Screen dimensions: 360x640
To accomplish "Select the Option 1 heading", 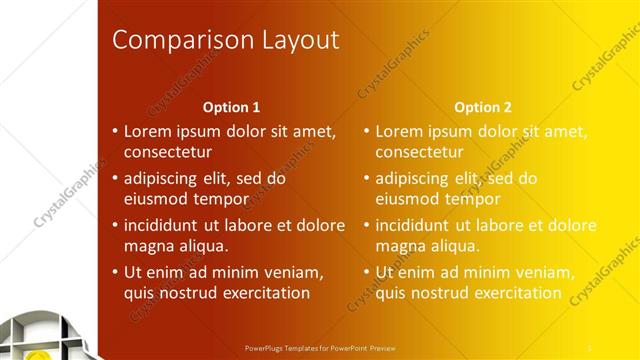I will [231, 107].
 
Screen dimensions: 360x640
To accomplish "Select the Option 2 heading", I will [482, 107].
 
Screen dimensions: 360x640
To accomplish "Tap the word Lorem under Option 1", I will [147, 131].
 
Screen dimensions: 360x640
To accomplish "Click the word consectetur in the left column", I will [167, 153].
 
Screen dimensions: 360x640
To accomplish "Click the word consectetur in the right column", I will [419, 153].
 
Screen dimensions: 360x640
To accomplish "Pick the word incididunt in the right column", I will [418, 225].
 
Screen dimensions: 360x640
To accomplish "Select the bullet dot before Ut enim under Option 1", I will [115, 272].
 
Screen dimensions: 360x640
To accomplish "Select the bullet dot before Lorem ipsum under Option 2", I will [366, 131].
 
